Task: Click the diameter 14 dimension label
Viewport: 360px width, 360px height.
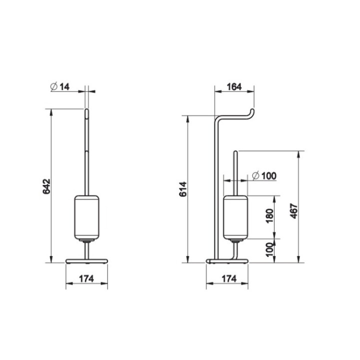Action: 60,86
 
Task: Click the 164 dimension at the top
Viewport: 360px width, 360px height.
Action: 233,86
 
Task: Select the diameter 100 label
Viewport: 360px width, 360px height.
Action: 264,175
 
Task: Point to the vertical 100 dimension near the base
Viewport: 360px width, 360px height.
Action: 270,250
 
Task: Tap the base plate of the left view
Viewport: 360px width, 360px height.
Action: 87,260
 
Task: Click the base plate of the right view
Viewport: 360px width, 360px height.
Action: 227,260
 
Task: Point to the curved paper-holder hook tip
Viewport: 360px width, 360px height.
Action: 253,110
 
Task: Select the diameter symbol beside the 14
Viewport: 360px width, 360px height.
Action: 53,86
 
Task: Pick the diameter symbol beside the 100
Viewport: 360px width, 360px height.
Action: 255,175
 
